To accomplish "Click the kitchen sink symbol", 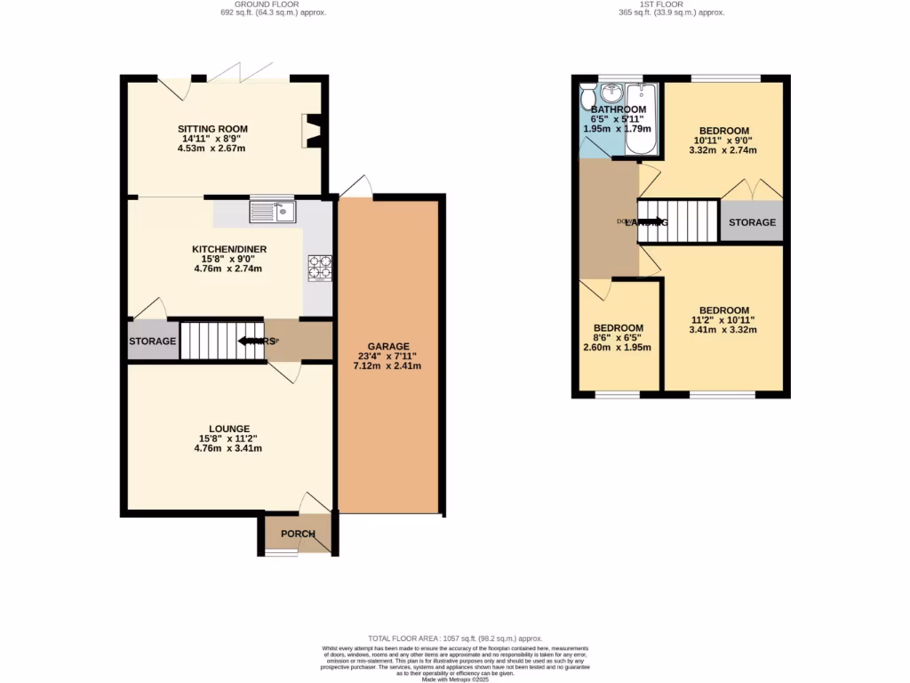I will tap(272, 212).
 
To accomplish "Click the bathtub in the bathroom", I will tap(640, 120).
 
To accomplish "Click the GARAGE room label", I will tap(388, 346).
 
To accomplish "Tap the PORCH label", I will tap(298, 534).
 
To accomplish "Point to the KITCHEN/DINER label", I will tap(229, 249).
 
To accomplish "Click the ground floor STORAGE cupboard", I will tap(152, 341).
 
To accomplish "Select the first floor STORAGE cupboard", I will tap(752, 222).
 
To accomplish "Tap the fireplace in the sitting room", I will tap(311, 130).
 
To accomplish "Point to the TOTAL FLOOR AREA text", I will tap(454, 639).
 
